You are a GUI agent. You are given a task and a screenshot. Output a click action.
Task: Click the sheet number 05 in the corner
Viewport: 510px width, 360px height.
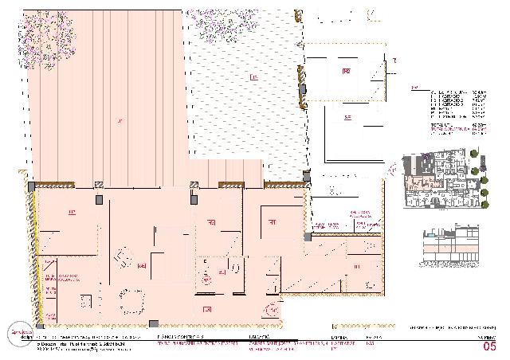point(489,346)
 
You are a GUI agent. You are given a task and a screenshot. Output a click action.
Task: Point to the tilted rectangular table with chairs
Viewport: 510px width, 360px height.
point(124,259)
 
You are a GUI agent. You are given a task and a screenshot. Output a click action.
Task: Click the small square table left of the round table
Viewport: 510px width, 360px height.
point(85,301)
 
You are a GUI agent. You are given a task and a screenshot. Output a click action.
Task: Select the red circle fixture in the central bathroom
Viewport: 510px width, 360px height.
point(207,280)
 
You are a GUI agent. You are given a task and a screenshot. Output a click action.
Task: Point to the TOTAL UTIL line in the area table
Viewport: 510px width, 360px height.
point(446,124)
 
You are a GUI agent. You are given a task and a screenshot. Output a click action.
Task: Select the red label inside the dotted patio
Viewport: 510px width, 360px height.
point(253,77)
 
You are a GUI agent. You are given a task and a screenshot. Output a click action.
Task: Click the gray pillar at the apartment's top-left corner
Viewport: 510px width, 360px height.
point(31,186)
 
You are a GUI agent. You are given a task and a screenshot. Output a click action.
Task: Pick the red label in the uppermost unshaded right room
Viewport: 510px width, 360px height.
point(347,72)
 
